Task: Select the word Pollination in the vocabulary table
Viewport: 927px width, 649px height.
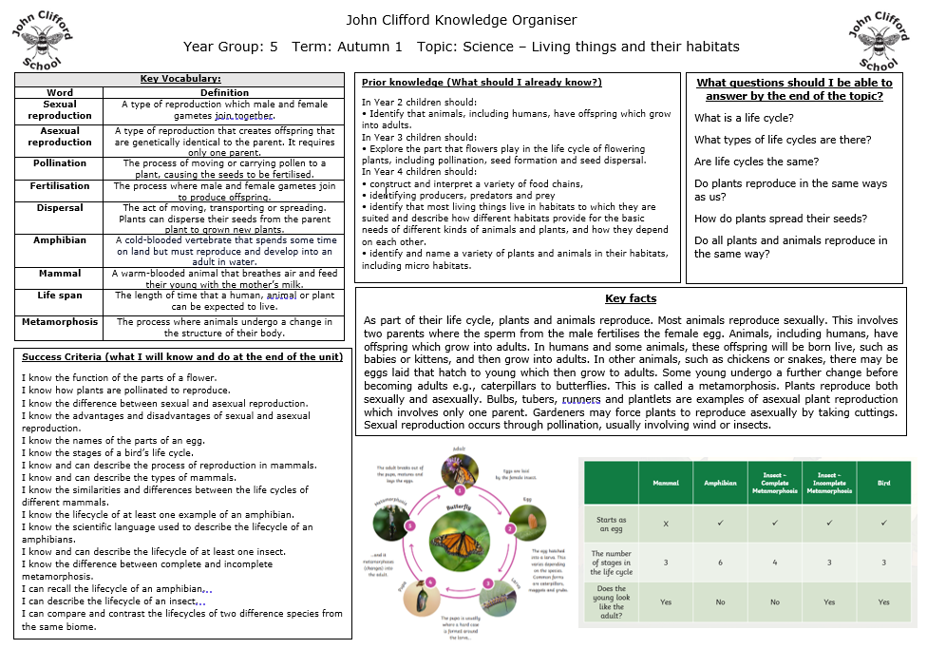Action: (60, 163)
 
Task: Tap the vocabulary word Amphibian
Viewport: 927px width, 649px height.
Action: (60, 240)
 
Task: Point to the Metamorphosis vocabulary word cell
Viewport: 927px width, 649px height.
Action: (60, 322)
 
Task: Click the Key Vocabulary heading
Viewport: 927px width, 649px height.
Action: (180, 79)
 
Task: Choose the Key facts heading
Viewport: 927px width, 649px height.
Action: (631, 298)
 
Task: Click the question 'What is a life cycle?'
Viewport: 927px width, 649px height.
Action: (744, 118)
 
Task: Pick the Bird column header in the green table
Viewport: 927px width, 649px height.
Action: (885, 483)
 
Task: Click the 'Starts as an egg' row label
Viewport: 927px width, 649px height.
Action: (611, 524)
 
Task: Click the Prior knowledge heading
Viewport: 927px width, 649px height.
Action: (482, 83)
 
